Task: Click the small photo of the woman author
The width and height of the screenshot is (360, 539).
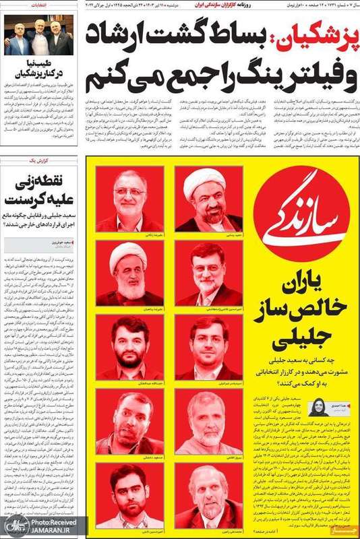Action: click(x=318, y=407)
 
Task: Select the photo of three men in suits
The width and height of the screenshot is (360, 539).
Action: click(x=38, y=35)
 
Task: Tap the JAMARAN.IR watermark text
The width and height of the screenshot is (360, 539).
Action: click(x=55, y=532)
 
